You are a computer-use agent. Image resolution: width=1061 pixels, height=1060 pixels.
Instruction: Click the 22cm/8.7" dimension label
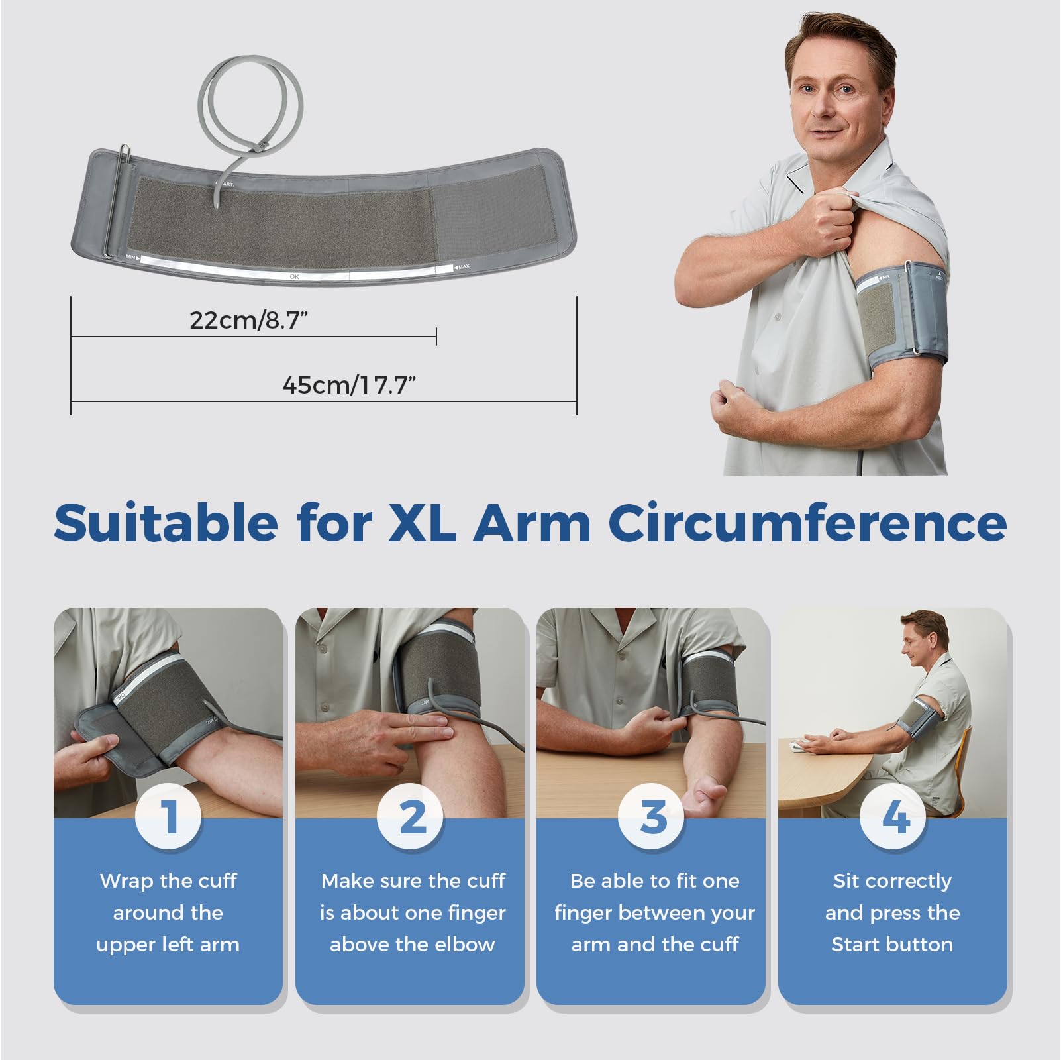coord(249,320)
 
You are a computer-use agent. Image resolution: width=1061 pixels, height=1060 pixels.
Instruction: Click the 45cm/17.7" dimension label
coord(349,385)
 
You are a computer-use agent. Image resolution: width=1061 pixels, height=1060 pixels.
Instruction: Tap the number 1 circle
coord(168,816)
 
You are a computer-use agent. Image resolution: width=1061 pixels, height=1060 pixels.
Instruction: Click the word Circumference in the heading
coord(807,523)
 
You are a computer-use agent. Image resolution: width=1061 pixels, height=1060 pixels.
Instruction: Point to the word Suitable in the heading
coord(166,523)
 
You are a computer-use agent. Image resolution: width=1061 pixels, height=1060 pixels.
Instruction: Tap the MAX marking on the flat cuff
coord(462,267)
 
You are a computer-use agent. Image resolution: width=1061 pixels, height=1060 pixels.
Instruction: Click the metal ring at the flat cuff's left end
coord(117,199)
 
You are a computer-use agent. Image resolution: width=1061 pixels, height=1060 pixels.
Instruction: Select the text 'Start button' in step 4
coord(891,944)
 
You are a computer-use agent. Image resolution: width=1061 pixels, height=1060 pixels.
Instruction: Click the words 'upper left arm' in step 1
coord(168,944)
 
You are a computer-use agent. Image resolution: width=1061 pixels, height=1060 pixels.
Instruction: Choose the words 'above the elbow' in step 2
coord(412,944)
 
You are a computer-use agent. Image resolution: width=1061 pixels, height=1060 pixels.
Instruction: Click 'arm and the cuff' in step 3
coord(654,944)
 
